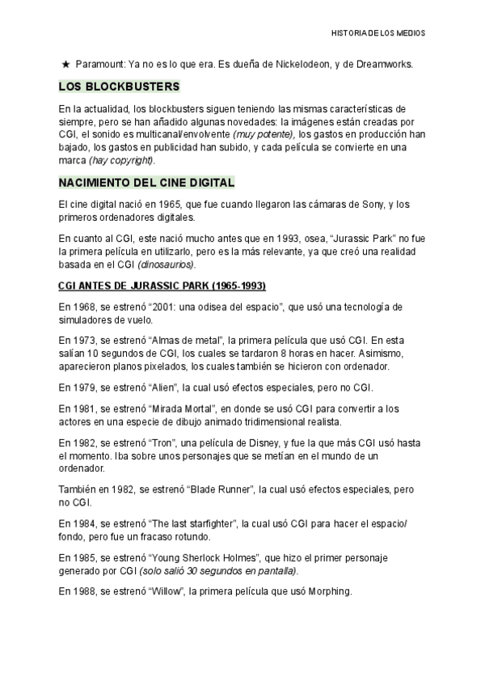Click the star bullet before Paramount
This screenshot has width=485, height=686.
click(65, 64)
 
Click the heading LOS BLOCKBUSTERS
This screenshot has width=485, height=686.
click(119, 87)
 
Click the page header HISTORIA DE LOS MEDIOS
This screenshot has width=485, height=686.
click(378, 33)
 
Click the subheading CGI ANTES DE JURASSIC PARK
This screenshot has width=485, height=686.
click(162, 286)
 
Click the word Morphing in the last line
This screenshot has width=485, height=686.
click(327, 591)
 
